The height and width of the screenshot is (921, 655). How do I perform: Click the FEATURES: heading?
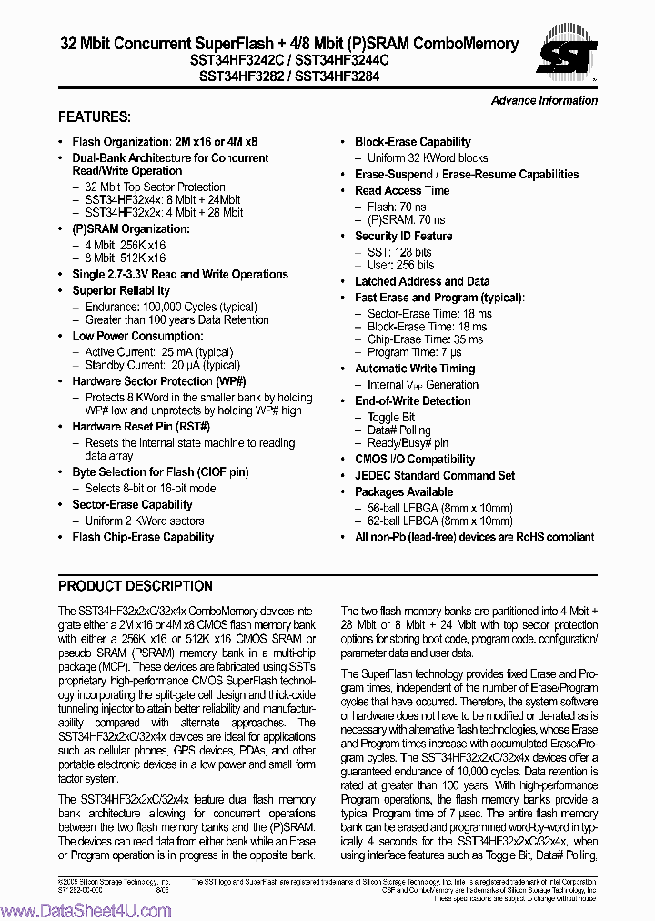[x=95, y=117]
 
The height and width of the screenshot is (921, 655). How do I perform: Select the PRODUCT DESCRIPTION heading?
[x=136, y=586]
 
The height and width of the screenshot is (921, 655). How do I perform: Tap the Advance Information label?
[x=544, y=100]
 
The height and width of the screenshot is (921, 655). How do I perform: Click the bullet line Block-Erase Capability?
[x=412, y=142]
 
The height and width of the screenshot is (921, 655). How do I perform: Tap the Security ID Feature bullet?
[x=403, y=236]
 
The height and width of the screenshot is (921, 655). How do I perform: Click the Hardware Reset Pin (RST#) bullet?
[x=141, y=427]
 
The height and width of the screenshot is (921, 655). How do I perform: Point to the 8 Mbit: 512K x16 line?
[x=126, y=258]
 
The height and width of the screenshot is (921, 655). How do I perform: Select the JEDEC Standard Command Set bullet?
[x=434, y=475]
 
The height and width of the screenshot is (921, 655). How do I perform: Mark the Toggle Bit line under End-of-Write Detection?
[x=391, y=417]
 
